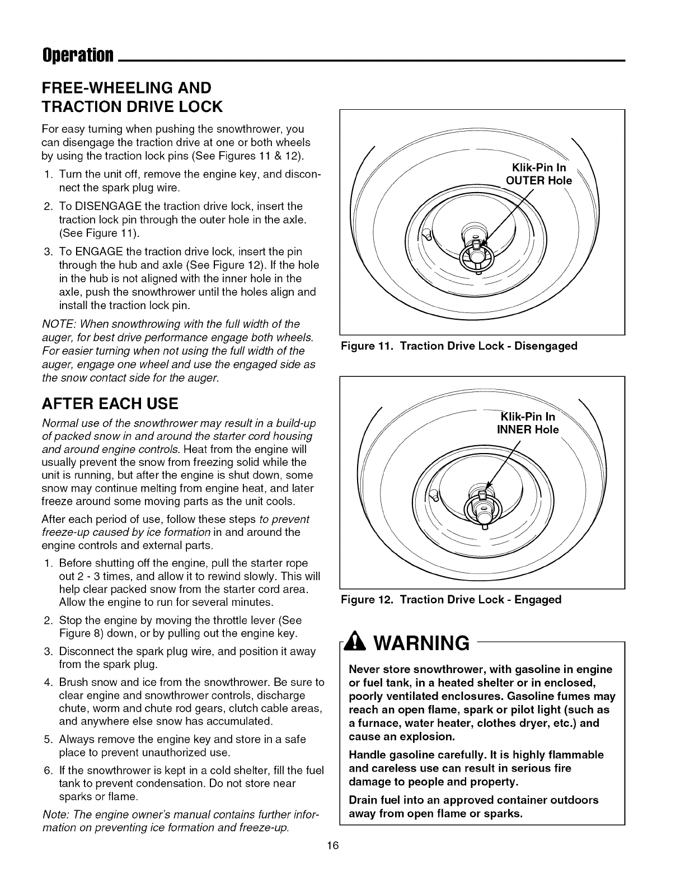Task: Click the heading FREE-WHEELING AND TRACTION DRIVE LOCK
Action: (132, 96)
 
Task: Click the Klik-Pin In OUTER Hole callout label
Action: (538, 174)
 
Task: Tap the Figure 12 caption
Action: (451, 600)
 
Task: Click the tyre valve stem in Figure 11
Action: (428, 234)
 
